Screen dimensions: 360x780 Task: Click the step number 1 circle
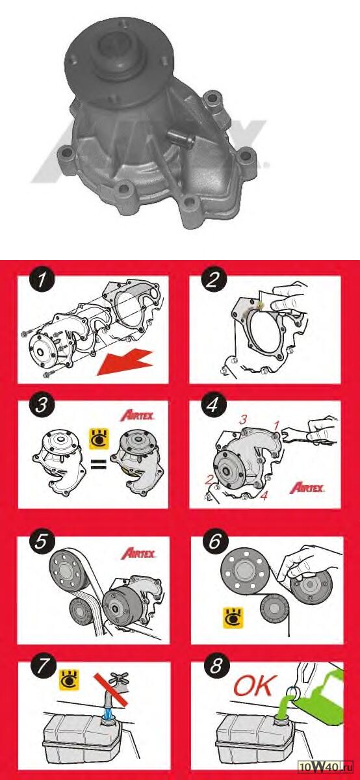(x=42, y=279)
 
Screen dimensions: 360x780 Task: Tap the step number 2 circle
(x=213, y=279)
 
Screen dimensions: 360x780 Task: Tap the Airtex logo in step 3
(x=137, y=415)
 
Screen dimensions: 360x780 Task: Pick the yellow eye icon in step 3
(x=99, y=439)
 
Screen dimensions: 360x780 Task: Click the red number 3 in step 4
(x=243, y=420)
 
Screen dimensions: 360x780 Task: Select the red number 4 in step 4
(x=264, y=495)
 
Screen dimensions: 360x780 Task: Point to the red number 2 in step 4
(x=209, y=480)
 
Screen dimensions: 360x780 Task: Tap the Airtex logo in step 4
(x=307, y=488)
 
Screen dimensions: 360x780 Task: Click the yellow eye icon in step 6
(x=233, y=618)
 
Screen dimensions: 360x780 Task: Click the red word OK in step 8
(x=255, y=686)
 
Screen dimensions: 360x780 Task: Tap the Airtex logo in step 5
(x=138, y=553)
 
